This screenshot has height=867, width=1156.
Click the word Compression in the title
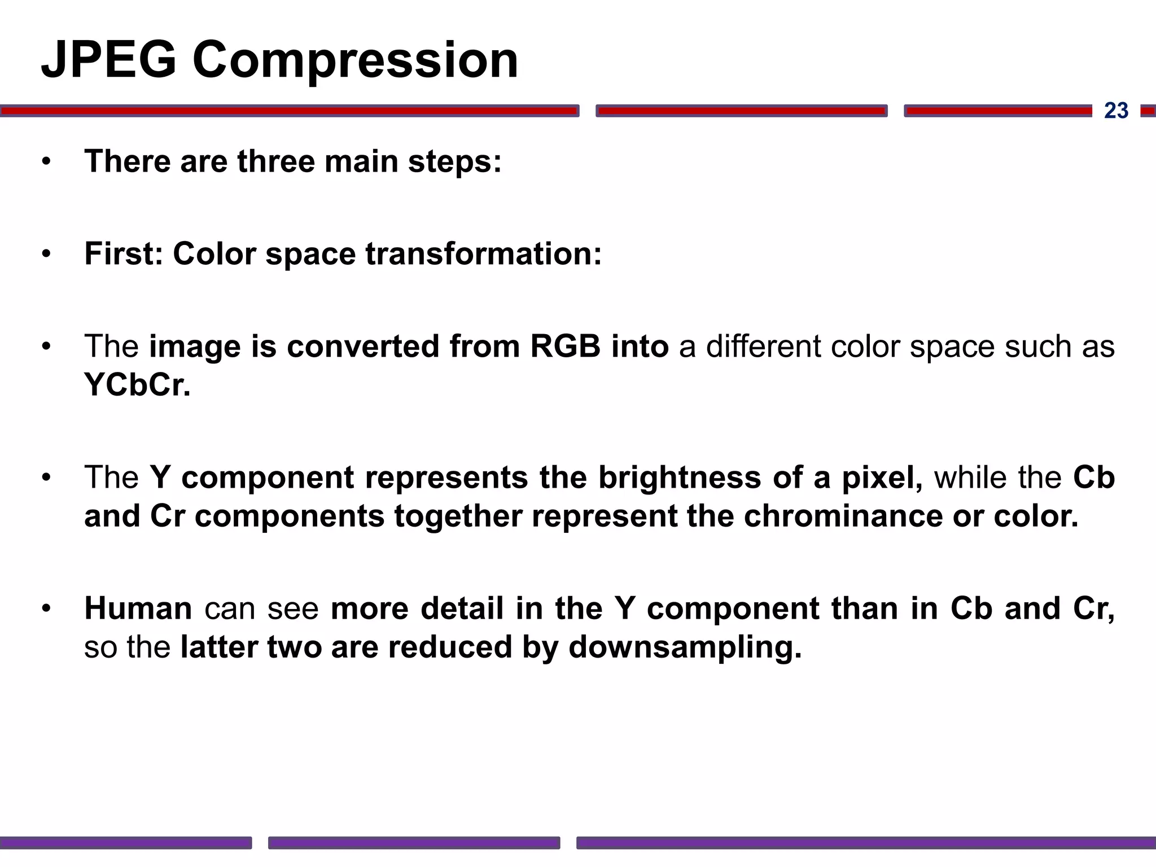355,61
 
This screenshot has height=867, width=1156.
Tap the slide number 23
1116,111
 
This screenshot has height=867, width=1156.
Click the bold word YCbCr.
137,385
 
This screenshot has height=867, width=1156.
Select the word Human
138,608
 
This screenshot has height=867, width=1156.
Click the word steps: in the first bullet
455,161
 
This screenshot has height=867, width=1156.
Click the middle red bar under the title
741,111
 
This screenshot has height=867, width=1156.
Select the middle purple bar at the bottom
414,843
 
